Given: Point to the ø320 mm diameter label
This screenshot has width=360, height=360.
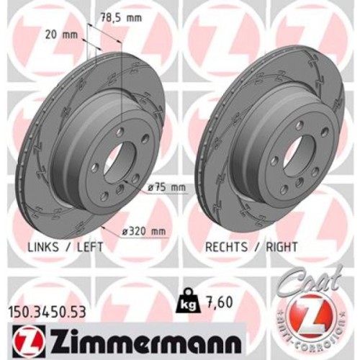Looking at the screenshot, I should [143, 230].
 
